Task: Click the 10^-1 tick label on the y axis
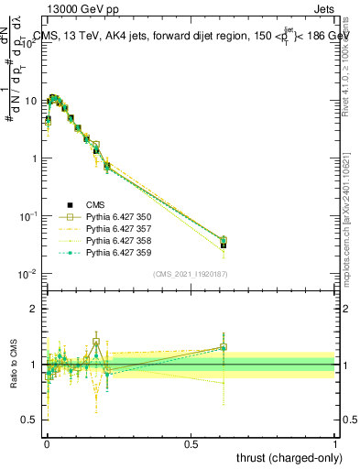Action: pos(29,215)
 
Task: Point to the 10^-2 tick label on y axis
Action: pos(29,273)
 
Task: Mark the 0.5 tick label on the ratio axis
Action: pos(32,420)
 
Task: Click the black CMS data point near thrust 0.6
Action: pos(224,245)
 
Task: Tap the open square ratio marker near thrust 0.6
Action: pos(224,347)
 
